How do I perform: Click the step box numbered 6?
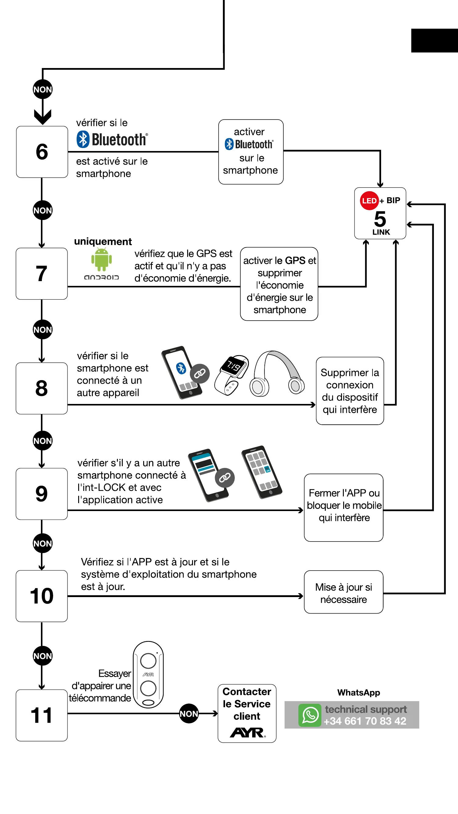[42, 152]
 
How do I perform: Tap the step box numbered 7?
[42, 274]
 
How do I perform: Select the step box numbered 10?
[42, 596]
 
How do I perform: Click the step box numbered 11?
[42, 715]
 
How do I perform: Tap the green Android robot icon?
[102, 260]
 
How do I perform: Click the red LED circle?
[369, 201]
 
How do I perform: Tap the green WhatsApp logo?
[310, 715]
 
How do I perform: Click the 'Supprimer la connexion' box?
[350, 391]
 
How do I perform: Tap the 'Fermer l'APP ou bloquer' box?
[344, 507]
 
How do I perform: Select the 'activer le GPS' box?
[279, 284]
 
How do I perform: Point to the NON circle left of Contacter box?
[189, 714]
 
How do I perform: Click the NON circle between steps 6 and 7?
[43, 211]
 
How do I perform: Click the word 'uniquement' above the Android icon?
[103, 242]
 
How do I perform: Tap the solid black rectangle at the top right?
[434, 41]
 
